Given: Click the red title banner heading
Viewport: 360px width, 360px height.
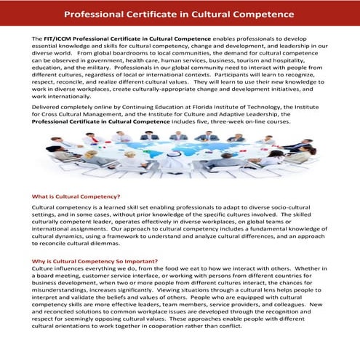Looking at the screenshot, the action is [x=180, y=14].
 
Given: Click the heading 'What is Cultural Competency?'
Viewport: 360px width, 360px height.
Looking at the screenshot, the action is [x=76, y=197].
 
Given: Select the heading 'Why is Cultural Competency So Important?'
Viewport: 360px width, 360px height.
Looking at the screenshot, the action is [x=95, y=261].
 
